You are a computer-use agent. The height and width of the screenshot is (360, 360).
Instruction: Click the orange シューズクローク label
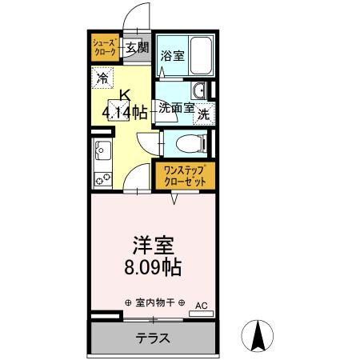[105, 46]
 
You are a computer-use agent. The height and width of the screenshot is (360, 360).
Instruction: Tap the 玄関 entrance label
[137, 47]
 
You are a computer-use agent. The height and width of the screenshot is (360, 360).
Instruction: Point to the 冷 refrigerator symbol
[103, 78]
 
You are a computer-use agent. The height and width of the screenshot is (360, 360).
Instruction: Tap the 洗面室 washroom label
[174, 106]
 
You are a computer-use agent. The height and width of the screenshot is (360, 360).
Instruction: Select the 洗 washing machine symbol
[203, 114]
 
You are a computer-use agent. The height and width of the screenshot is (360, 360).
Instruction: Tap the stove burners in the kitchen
[102, 178]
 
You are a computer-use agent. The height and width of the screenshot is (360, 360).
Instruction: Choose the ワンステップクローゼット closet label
[185, 176]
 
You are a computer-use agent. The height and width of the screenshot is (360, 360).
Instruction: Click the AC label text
[201, 305]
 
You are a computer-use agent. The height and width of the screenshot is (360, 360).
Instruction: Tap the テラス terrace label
[151, 338]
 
